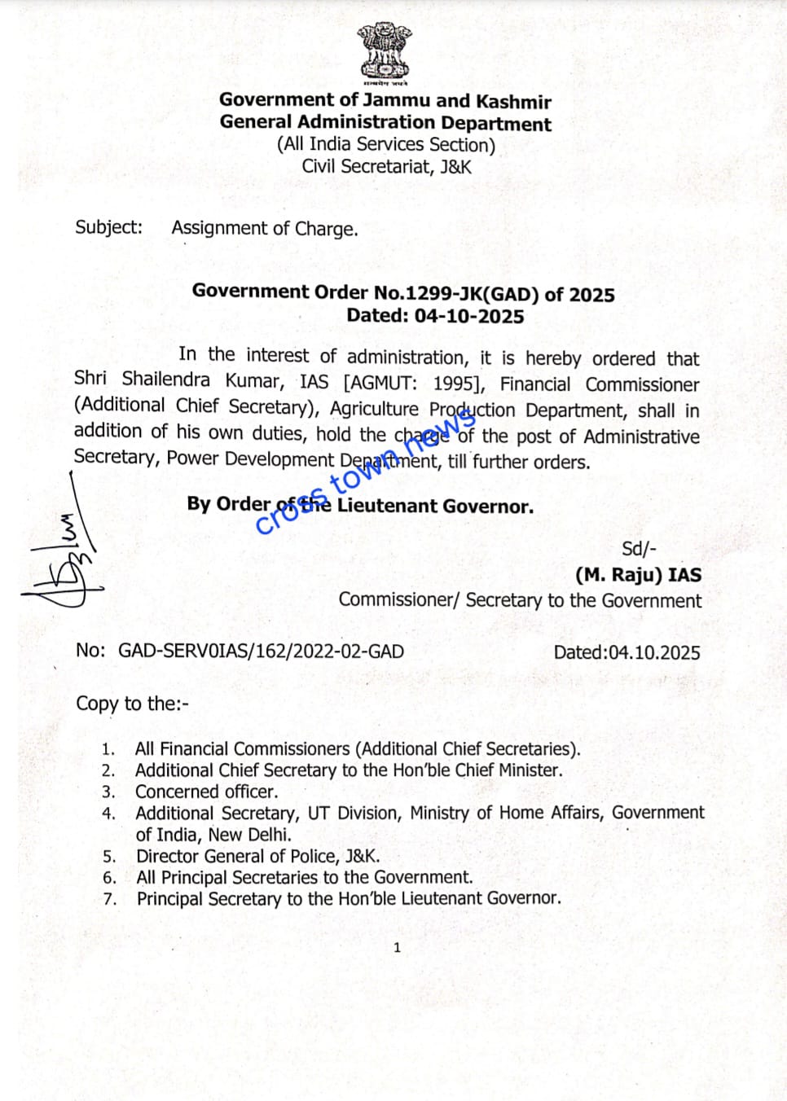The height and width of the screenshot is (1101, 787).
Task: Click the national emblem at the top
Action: [x=385, y=53]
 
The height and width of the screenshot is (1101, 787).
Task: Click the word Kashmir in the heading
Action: [x=513, y=102]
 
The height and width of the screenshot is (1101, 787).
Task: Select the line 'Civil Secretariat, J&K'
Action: [x=386, y=167]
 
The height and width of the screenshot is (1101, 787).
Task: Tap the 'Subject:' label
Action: [x=108, y=227]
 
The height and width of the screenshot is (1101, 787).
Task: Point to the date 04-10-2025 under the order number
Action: [x=468, y=316]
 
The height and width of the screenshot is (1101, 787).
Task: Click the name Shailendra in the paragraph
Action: [x=165, y=380]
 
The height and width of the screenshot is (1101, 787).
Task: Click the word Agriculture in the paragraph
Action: [x=374, y=409]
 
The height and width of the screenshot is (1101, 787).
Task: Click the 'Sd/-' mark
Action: [x=639, y=549]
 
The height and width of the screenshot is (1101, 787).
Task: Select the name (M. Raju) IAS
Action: [x=638, y=575]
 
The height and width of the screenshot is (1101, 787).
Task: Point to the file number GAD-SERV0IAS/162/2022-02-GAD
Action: [x=261, y=651]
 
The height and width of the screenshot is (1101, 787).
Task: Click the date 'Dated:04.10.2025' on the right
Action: [x=627, y=652]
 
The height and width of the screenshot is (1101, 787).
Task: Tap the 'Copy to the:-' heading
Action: [x=132, y=704]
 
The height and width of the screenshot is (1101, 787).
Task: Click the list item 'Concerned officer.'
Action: [x=206, y=792]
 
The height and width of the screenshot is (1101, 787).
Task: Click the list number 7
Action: [x=110, y=899]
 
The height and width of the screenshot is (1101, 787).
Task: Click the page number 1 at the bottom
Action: [x=397, y=947]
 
